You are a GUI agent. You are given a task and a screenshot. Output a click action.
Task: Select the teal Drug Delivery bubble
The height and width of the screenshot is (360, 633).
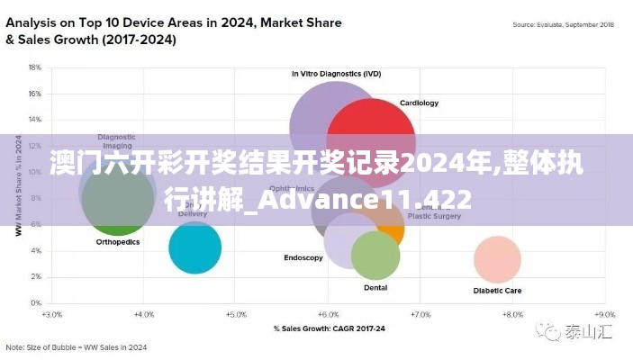pos(194,247)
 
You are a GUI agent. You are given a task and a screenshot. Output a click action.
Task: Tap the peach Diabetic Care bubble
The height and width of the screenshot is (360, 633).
pos(497,260)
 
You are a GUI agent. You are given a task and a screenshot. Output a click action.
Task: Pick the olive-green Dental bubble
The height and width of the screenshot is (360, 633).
pos(375,256)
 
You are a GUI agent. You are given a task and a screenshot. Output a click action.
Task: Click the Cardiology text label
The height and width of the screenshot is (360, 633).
pos(419,103)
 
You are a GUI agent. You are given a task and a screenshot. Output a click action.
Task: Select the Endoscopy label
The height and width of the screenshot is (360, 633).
pos(303,258)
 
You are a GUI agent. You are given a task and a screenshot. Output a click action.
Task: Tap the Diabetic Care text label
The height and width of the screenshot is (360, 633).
pos(497,291)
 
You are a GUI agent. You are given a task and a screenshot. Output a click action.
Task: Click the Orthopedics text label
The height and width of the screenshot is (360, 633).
pos(117,242)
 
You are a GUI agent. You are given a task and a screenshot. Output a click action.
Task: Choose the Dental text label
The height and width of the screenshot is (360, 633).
pos(375,288)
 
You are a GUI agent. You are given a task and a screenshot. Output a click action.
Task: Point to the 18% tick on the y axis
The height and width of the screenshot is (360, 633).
pos(35,67)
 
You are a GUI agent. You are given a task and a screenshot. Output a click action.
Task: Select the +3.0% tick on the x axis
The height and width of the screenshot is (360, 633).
pos(51,316)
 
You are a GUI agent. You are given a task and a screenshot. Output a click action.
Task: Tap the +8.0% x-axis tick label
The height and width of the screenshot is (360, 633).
pos(511,316)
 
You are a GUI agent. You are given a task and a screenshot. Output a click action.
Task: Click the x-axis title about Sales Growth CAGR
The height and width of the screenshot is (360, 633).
pos(329,328)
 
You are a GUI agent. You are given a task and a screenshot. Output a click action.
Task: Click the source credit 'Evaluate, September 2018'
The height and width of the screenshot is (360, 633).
pos(563,26)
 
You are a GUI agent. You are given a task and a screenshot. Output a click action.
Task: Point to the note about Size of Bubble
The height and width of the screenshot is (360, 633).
pos(77,346)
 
